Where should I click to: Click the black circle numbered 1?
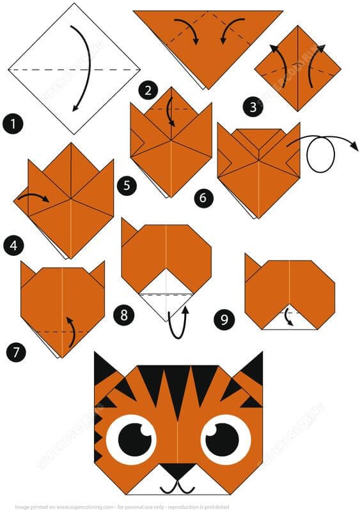(x=12, y=122)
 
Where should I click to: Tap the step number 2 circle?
(x=148, y=90)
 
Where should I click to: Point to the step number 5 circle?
(x=127, y=186)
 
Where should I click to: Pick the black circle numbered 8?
(x=124, y=314)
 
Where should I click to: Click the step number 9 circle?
(x=224, y=319)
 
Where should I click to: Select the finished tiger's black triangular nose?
(x=178, y=470)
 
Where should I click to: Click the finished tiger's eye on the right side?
(x=226, y=440)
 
